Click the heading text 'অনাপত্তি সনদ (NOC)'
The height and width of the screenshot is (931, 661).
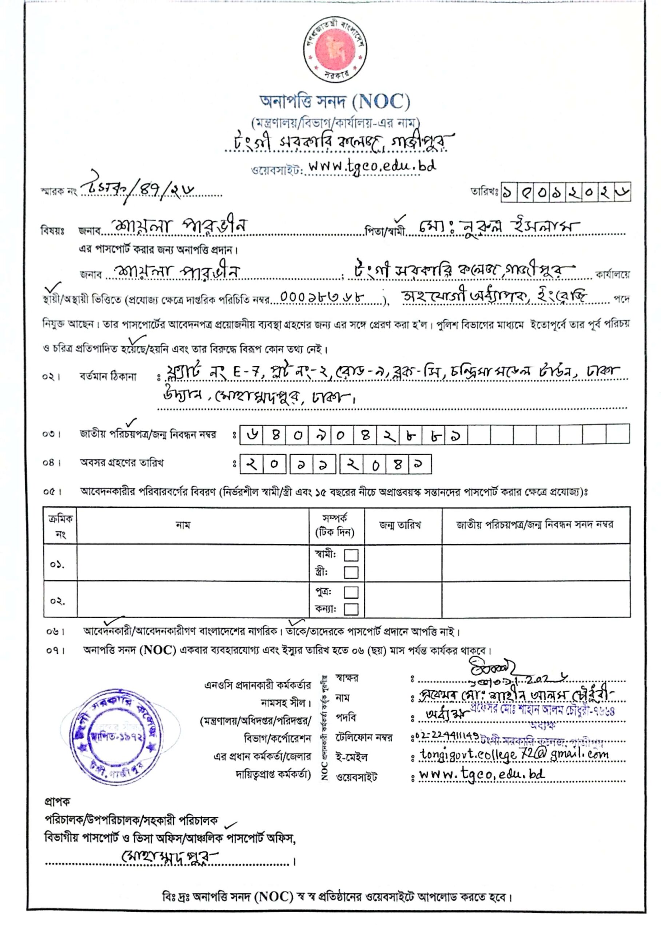335,102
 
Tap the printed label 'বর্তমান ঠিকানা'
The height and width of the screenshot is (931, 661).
108,376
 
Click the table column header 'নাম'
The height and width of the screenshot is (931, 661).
183,525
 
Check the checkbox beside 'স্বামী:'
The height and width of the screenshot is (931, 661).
351,555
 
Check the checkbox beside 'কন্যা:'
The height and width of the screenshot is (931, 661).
351,609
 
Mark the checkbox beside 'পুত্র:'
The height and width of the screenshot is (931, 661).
351,592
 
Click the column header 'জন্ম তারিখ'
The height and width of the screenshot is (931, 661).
400,525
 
